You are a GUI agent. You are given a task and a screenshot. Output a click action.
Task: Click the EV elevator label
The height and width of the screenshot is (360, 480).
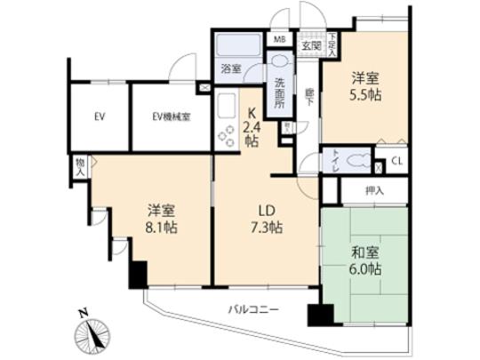(x=100, y=116)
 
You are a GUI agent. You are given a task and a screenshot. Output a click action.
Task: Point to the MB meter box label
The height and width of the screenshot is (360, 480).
(x=278, y=40)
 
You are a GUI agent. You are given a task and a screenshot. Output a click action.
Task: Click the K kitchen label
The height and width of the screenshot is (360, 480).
(x=251, y=113)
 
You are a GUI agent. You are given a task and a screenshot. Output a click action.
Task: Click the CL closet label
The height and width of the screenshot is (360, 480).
(x=396, y=162)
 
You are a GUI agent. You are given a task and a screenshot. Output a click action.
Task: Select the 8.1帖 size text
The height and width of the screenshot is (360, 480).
(x=161, y=228)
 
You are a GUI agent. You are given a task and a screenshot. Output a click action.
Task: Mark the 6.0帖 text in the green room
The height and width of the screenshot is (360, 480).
(x=364, y=268)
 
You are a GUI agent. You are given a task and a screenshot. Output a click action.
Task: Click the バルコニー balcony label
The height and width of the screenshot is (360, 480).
(x=253, y=310)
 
